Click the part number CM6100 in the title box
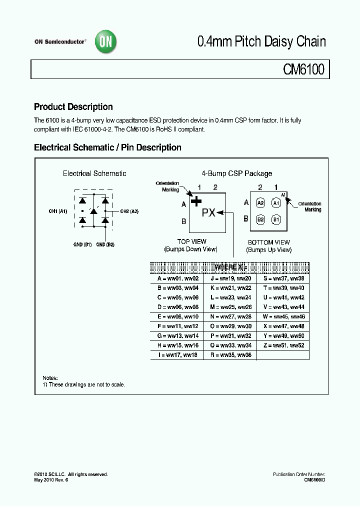tap(304, 69)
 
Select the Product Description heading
tap(73, 107)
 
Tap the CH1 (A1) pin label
tap(58, 211)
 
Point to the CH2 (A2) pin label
tap(129, 211)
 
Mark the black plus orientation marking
tap(196, 201)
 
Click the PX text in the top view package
tap(208, 212)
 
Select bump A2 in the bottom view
tap(260, 203)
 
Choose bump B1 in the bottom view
tap(276, 219)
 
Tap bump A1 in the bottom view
tap(276, 203)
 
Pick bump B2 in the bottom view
tap(260, 219)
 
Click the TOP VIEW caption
tap(192, 241)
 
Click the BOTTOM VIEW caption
tap(269, 242)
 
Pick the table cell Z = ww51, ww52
tap(282, 345)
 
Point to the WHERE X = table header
tap(229, 267)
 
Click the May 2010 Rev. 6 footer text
tap(50, 480)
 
